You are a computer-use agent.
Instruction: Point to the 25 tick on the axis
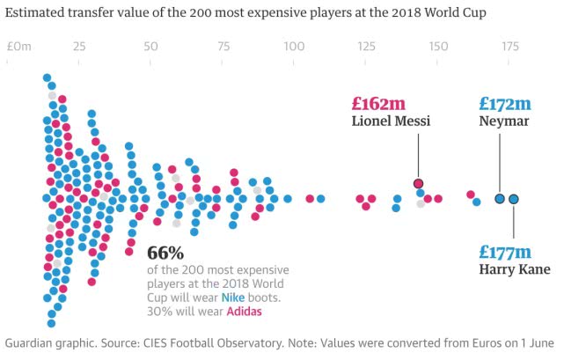pos(78,46)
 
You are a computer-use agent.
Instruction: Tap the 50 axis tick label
pos(150,46)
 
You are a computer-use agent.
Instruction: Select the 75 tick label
pos(223,46)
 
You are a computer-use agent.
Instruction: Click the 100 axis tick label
pos(293,46)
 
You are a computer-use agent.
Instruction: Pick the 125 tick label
pos(365,46)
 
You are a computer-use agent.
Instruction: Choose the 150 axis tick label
pos(437,46)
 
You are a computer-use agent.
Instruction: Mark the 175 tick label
pos(509,46)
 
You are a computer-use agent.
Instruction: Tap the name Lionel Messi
pos(391,121)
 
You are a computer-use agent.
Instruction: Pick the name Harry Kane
pos(515,269)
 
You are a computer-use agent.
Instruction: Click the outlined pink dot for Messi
pos(419,183)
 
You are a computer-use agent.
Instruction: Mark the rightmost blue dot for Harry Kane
pos(514,199)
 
